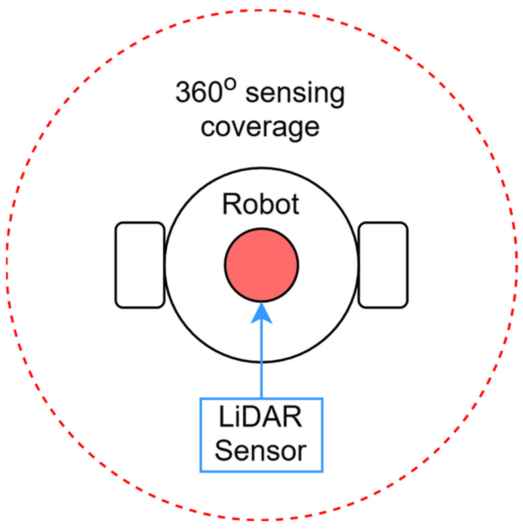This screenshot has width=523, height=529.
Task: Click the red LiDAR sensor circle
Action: [261, 265]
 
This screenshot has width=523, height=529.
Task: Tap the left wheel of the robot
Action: [140, 265]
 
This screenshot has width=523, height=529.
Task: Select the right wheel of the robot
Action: [383, 265]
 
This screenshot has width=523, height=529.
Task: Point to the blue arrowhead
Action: [261, 313]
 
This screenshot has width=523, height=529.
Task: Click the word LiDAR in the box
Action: [260, 417]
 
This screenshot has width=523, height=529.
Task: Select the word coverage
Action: [260, 127]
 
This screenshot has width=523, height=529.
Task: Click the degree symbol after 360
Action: [230, 84]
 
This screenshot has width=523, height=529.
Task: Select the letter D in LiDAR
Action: [256, 417]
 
